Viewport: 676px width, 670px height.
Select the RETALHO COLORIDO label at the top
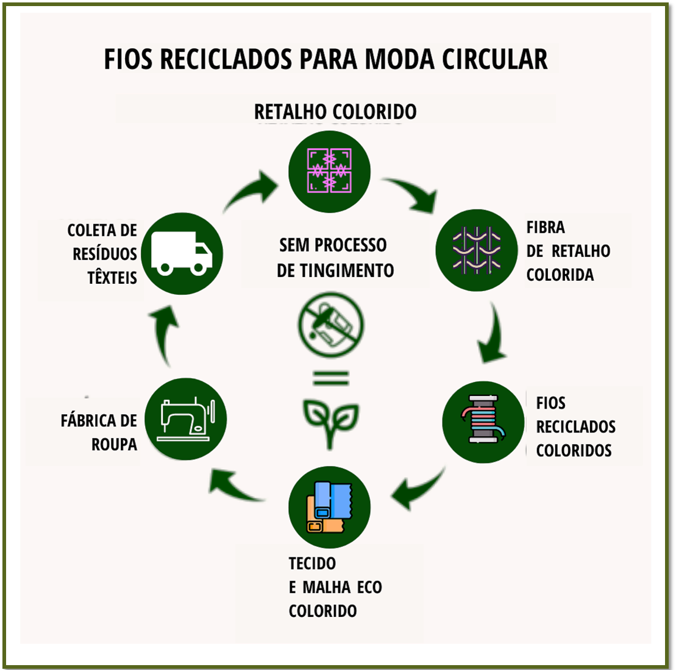click(x=335, y=112)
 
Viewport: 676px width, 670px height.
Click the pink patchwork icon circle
click(x=329, y=172)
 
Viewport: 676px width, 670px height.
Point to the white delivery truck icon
click(x=182, y=253)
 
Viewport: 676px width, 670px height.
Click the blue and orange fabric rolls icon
click(x=329, y=507)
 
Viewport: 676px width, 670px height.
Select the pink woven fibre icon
click(x=476, y=250)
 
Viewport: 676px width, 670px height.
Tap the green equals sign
click(x=331, y=378)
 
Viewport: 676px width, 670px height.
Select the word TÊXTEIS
click(x=112, y=278)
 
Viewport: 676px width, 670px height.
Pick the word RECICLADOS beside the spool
click(x=575, y=426)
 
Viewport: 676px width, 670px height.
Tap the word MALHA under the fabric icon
click(x=327, y=587)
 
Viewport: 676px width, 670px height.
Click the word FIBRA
click(x=546, y=227)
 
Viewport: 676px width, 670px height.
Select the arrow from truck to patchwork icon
click(x=251, y=190)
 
